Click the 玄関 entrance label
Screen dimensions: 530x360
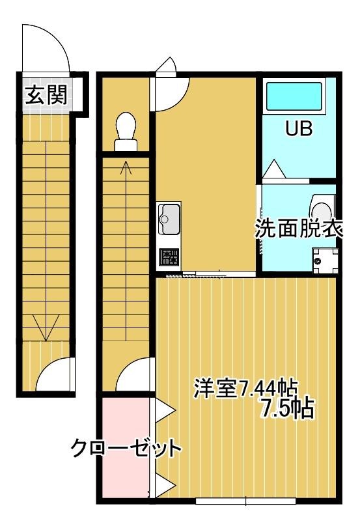[x=45, y=96]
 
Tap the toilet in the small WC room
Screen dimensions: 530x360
[x=124, y=127]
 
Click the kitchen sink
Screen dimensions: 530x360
[x=169, y=219]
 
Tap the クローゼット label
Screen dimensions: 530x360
[x=126, y=449]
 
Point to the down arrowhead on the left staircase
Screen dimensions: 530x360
[x=45, y=331]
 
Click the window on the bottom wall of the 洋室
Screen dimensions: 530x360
[x=245, y=501]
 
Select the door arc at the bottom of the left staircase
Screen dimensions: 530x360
[x=53, y=376]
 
